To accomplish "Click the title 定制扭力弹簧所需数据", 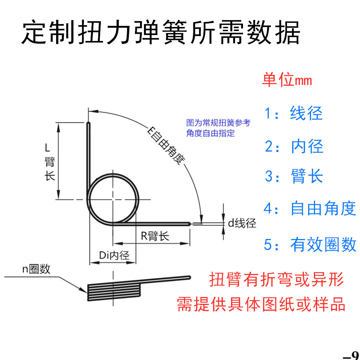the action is click(161, 33).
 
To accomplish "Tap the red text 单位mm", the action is click(287, 80).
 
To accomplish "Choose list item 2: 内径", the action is click(294, 147).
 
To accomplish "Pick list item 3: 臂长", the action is click(294, 176).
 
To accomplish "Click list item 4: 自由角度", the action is click(310, 209).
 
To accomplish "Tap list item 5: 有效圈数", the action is click(310, 245).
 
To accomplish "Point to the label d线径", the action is click(242, 224).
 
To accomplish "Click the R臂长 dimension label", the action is click(154, 237).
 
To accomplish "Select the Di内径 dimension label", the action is click(114, 256).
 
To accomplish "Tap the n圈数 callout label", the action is click(36, 269).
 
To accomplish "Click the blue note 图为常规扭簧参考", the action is click(218, 123).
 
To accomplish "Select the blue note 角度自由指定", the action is click(210, 133).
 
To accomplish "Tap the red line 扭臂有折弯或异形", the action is click(276, 280).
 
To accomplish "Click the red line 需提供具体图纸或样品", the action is click(261, 305).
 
